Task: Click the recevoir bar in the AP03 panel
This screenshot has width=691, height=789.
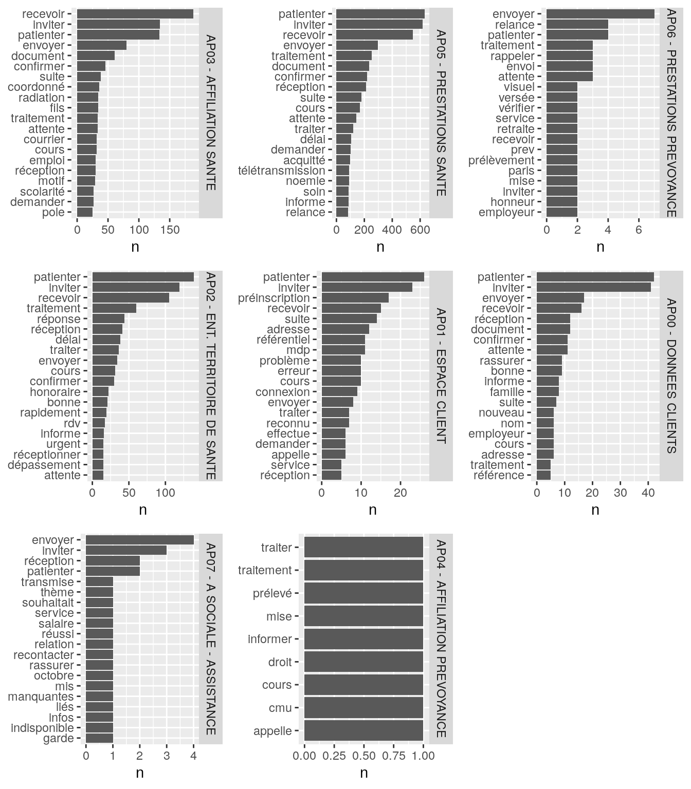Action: click(x=135, y=14)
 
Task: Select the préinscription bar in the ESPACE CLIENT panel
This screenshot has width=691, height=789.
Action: click(x=355, y=298)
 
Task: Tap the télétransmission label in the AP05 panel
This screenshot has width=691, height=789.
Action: click(x=282, y=171)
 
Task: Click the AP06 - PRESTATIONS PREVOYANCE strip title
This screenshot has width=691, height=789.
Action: click(x=671, y=114)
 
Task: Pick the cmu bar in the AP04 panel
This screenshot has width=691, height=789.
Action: click(x=363, y=708)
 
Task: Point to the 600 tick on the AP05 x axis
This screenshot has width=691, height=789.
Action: click(x=420, y=230)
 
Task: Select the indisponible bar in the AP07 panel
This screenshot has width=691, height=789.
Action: click(x=99, y=728)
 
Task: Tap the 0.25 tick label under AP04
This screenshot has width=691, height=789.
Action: click(x=334, y=756)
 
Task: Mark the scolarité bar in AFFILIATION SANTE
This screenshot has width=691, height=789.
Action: click(x=85, y=192)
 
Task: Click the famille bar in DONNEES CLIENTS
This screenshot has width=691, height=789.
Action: click(x=548, y=392)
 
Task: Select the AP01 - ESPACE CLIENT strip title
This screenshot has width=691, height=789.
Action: click(x=441, y=375)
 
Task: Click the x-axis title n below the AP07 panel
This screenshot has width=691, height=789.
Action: click(x=139, y=773)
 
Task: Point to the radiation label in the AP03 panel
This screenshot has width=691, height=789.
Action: click(x=42, y=98)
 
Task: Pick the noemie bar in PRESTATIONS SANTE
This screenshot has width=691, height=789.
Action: click(x=342, y=181)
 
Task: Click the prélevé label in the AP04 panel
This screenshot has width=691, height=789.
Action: click(x=272, y=593)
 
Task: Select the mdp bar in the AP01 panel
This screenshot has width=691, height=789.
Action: click(x=343, y=350)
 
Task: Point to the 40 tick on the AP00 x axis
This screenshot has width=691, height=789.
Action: click(x=648, y=493)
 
